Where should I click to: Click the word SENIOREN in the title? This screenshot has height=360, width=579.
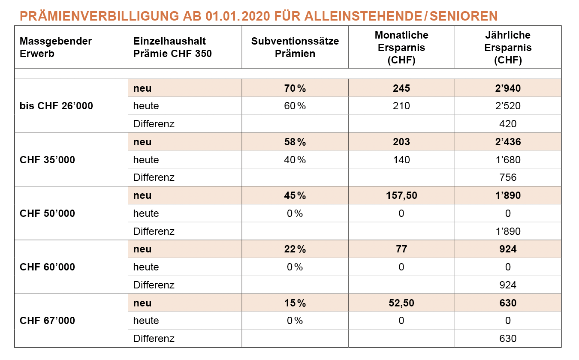coord(464,16)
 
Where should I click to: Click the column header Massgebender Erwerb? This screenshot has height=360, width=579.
coord(56,48)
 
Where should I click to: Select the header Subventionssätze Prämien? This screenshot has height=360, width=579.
coord(295,48)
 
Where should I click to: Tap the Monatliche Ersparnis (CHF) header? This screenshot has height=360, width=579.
coord(401,48)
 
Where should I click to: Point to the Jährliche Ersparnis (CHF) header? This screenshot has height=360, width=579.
coord(508,48)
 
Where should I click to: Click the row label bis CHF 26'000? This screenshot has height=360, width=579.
coord(56,106)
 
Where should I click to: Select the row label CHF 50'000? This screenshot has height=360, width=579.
coord(47,213)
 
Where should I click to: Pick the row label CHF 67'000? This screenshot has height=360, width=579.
coord(47,321)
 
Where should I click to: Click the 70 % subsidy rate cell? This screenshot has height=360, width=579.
coord(295,89)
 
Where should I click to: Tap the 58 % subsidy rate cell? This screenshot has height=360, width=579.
coord(295,142)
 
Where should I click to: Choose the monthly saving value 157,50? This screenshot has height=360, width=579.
coord(401,196)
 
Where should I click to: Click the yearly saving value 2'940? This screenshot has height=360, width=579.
coord(508,89)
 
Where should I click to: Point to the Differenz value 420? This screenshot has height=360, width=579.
coord(508,124)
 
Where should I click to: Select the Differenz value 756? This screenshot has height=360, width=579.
coord(508,177)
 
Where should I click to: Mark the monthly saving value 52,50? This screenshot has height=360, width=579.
coord(401,303)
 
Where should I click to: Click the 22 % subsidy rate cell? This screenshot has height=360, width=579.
coord(295,249)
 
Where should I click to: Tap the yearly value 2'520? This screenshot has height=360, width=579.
coord(508,106)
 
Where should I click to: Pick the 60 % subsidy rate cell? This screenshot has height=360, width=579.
coord(295,106)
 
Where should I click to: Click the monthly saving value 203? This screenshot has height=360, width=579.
coord(401,142)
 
